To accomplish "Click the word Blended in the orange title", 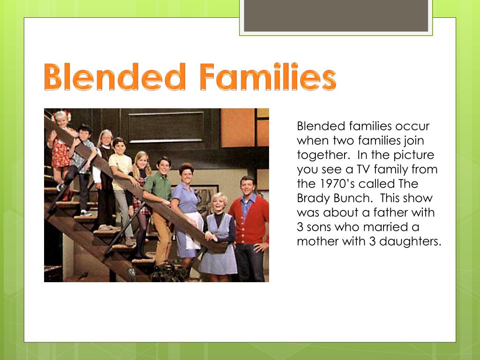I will pos(115,78).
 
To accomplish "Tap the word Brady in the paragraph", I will pos(312,198).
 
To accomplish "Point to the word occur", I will pos(413,126).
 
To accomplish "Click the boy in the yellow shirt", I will pos(121,169).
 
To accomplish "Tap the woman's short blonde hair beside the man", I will pos(218,199).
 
